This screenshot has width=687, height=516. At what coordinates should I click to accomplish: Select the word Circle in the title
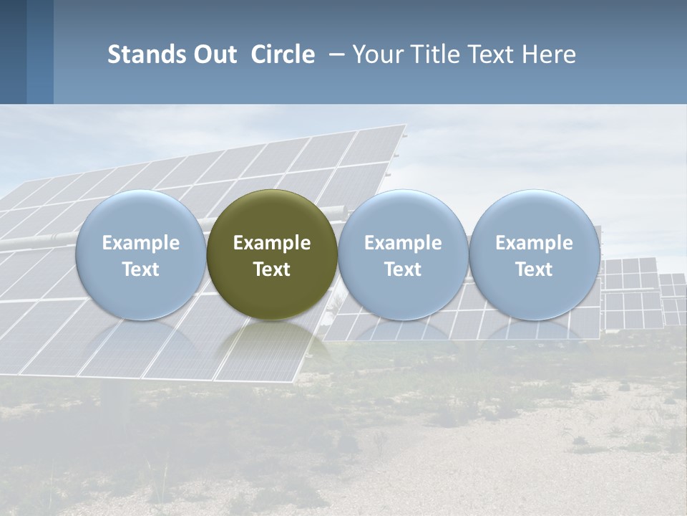(283, 54)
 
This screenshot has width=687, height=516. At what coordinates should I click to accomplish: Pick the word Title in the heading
(436, 54)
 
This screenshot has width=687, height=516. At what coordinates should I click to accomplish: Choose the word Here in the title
(550, 54)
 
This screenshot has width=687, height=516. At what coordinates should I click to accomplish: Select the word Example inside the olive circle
(272, 243)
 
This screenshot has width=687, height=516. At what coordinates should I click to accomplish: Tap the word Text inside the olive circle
(272, 269)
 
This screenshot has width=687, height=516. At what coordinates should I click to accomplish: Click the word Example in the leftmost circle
(140, 243)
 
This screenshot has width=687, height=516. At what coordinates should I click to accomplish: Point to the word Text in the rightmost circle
(535, 269)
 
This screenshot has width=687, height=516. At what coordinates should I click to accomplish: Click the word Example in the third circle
(403, 243)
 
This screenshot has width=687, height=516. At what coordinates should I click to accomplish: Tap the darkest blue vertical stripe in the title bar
(13, 52)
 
